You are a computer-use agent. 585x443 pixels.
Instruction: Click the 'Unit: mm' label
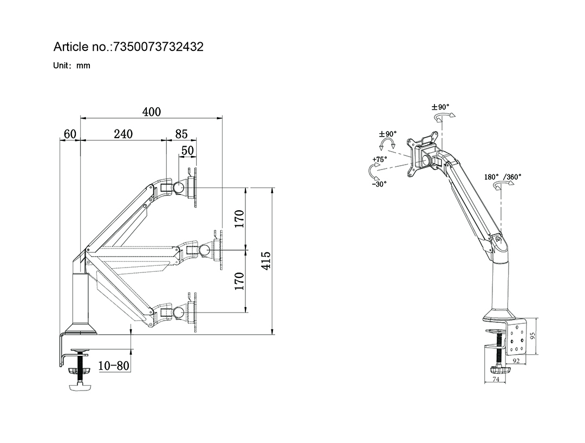pos(71,66)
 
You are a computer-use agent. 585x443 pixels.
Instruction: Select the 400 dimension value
pos(152,112)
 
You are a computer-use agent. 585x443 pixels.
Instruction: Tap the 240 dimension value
pos(123,134)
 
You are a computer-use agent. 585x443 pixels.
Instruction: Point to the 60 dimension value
pos(70,134)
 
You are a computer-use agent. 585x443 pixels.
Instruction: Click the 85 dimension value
pos(181,134)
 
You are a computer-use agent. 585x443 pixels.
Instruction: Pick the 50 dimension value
pos(187,150)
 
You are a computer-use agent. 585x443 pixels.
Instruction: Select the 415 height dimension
pos(265,260)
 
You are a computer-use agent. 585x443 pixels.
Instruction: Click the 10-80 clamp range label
pos(114,366)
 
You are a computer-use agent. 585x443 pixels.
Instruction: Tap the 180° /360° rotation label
pos(503,177)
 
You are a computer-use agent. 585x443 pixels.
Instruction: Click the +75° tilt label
pos(380,160)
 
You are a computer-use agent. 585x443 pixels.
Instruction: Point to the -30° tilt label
pos(379,184)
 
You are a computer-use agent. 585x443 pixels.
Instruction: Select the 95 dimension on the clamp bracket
pos(533,336)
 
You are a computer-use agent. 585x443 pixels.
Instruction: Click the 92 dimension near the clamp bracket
pos(516,361)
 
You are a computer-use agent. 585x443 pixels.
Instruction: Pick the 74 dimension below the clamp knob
pos(496,379)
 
